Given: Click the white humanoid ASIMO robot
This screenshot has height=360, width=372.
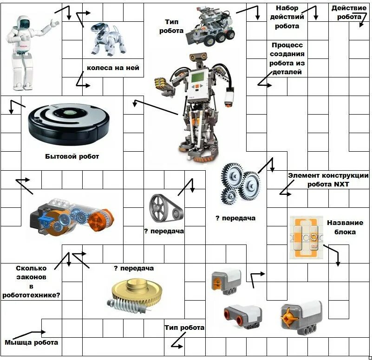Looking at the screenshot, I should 23,51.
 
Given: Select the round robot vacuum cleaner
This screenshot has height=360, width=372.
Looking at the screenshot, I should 69,122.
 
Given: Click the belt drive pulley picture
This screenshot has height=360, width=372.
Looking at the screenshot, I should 165,208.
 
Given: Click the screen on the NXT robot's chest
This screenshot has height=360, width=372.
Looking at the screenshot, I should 198,77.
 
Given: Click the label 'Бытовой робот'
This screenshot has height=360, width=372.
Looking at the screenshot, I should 72,156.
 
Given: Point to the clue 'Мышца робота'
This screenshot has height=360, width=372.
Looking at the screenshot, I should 32,342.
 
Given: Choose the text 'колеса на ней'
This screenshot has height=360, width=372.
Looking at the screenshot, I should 113,68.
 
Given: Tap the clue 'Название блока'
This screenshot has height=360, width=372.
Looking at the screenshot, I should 341,227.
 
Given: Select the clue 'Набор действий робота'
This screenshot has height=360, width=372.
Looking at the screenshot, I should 287,17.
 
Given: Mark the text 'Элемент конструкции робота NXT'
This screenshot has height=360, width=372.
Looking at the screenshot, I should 328,180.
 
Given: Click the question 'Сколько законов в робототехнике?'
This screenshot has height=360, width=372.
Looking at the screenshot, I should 31,281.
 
